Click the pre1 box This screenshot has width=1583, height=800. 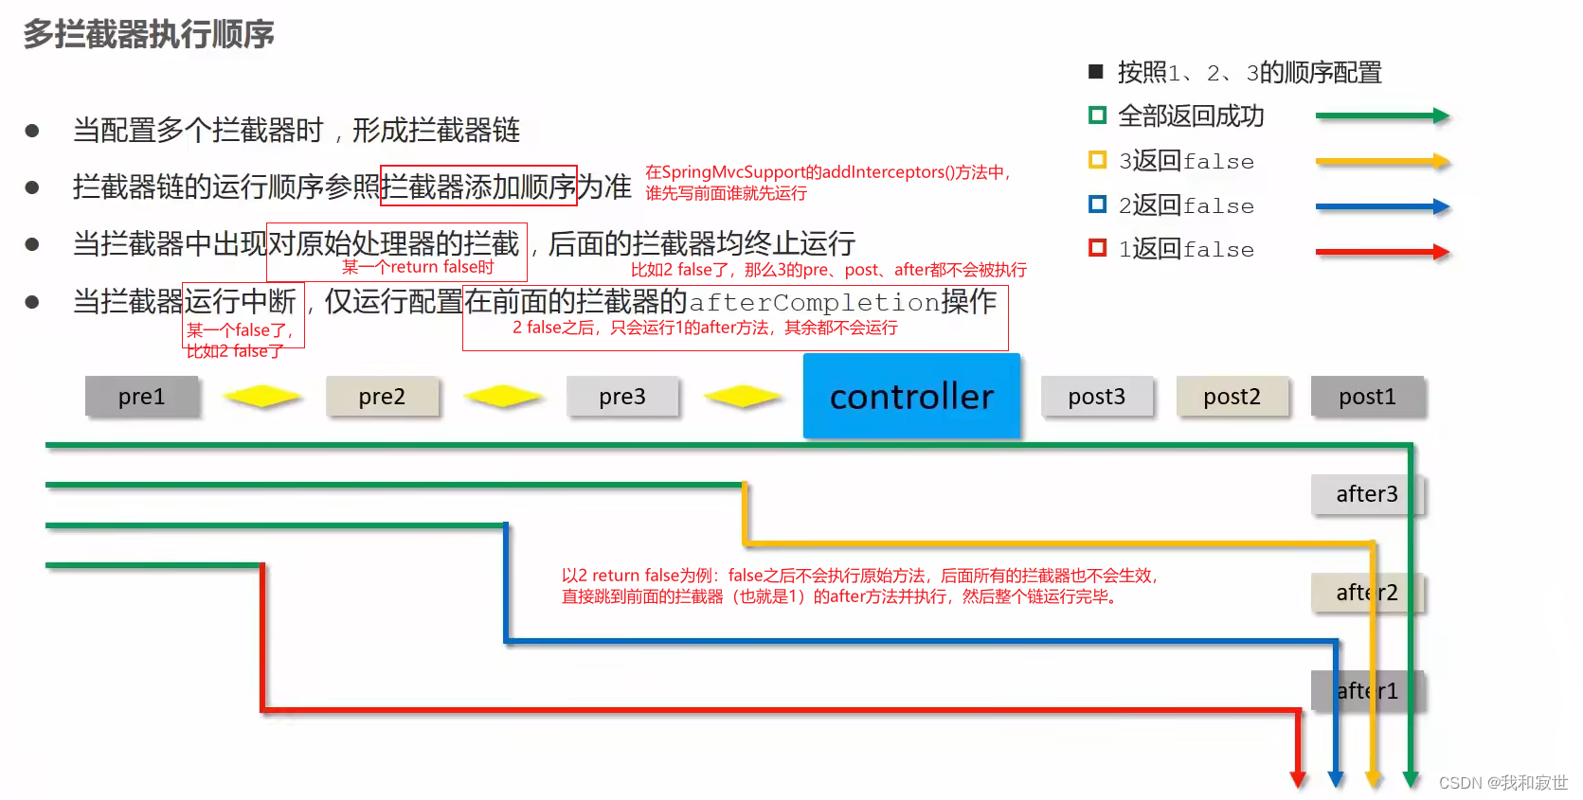(x=142, y=397)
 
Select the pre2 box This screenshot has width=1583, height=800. (x=382, y=397)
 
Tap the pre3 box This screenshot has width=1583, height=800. (x=622, y=397)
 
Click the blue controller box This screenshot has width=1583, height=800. (x=911, y=396)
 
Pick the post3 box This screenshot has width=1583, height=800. (x=1097, y=397)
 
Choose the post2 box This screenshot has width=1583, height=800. (x=1232, y=397)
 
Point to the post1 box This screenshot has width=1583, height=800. (x=1367, y=397)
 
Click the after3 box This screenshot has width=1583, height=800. (x=1367, y=494)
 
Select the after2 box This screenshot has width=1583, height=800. (x=1367, y=593)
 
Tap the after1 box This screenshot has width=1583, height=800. (x=1367, y=691)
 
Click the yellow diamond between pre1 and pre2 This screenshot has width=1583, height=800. (x=262, y=397)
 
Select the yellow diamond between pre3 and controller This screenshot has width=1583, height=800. (x=744, y=397)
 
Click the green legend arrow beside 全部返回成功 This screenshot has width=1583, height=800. (x=1382, y=116)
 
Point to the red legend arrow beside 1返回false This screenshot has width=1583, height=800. (x=1382, y=252)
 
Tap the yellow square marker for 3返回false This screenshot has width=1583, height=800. (x=1098, y=160)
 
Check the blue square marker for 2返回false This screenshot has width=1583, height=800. (x=1098, y=204)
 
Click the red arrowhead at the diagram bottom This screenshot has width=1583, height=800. (x=1298, y=779)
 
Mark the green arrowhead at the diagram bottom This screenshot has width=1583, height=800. (x=1411, y=779)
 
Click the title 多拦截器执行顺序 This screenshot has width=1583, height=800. (x=149, y=34)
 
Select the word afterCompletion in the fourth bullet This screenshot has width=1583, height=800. (x=814, y=303)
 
